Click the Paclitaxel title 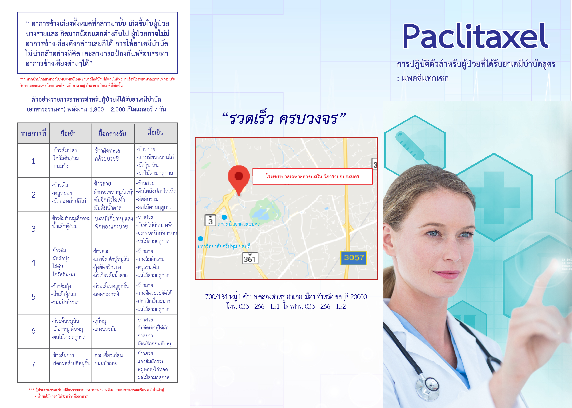coord(475,36)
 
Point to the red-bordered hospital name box coord(312,176)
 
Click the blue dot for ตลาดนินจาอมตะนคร coord(224,217)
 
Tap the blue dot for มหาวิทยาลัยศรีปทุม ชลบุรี coord(200,239)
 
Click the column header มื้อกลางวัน coord(112,133)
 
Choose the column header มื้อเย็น coord(155,132)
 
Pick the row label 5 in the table coord(33,297)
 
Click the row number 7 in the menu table coord(33,365)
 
